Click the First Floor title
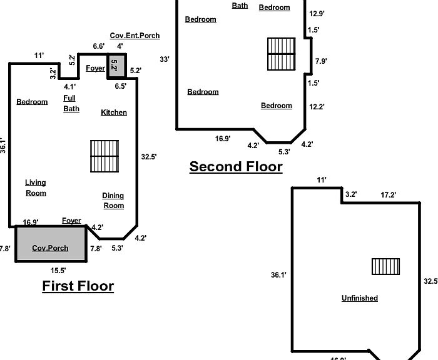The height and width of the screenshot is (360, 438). coord(78,286)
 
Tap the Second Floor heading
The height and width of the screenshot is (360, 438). coord(236,167)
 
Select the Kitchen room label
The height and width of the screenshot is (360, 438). coord(114,112)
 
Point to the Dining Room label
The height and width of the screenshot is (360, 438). coord(113,201)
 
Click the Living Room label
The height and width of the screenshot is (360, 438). coord(36,188)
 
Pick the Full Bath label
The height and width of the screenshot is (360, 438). coord(71,104)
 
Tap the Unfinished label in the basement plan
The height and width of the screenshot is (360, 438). coord(360,298)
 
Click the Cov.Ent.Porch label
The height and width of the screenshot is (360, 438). coord(135,36)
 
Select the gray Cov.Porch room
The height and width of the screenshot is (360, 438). coord(51,244)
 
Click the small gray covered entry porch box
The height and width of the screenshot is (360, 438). coord(117,66)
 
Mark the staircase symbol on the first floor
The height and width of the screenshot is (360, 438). coord(104,156)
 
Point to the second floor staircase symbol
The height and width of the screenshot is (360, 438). coord(282,54)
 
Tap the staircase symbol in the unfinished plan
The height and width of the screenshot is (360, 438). coord(386,266)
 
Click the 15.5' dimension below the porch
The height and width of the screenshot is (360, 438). coord(58,271)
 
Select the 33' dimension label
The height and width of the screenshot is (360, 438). coord(165,59)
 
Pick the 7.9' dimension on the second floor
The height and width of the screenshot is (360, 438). coord(321,61)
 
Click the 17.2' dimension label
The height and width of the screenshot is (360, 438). coord(389,195)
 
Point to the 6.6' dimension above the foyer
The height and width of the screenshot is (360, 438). coord(99,46)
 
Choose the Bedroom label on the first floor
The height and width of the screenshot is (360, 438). coord(32,102)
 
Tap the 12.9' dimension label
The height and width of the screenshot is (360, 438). coord(317,14)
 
